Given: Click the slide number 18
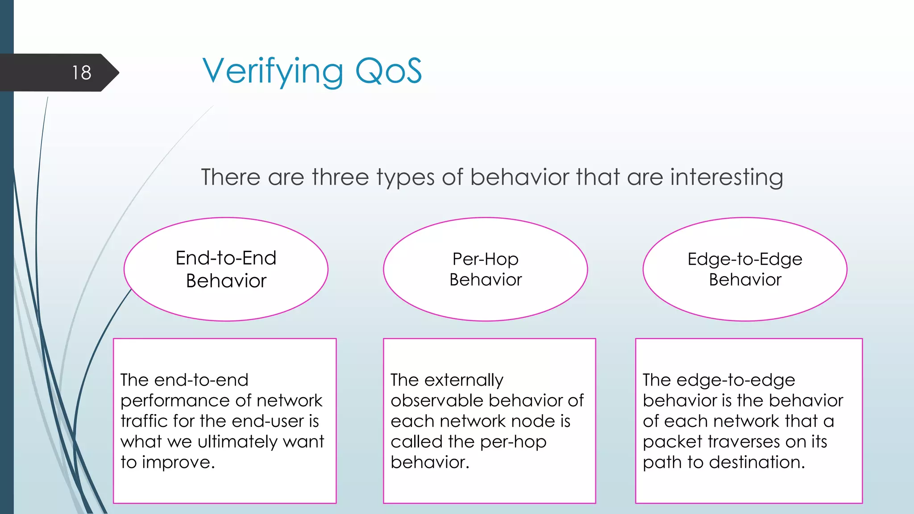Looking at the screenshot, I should click(x=82, y=73).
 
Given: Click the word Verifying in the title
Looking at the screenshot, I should click(x=273, y=71).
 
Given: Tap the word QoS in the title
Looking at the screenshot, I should click(x=388, y=71).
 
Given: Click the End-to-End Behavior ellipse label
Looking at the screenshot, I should click(x=226, y=269).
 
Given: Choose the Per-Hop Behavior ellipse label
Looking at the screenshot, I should click(x=486, y=269).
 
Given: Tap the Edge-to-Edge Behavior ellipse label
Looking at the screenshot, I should click(x=745, y=269).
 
